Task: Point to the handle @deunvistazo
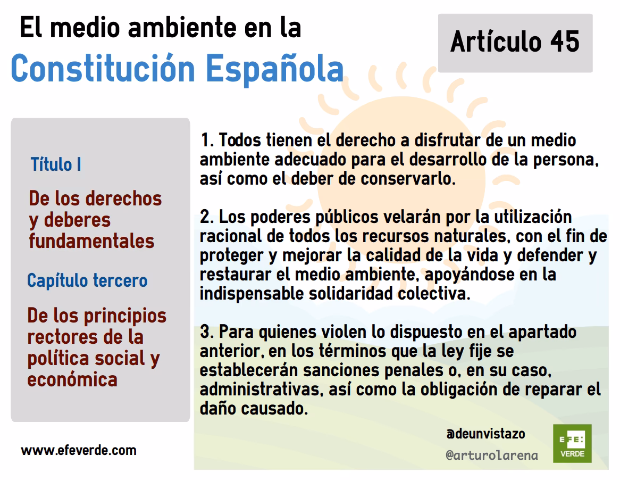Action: coord(485,434)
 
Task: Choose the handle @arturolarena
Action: coord(491,456)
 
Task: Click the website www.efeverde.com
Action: coord(79,451)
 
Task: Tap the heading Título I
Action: coord(56,164)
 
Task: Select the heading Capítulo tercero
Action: coord(87,280)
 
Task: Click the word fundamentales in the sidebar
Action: coord(91,241)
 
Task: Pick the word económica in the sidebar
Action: coord(72,379)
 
